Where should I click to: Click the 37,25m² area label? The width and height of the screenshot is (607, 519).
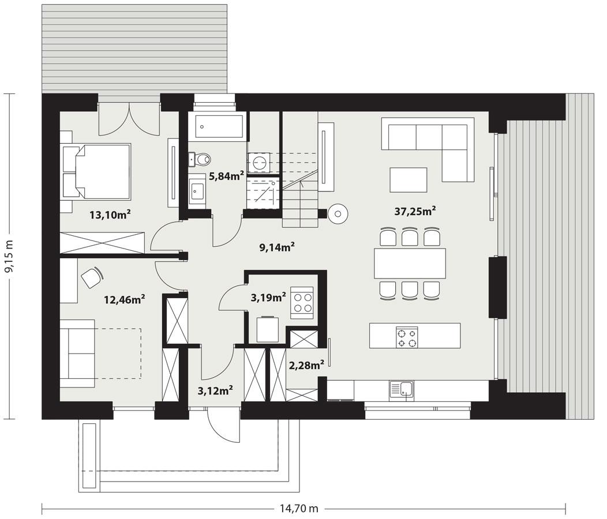pyautogui.click(x=414, y=212)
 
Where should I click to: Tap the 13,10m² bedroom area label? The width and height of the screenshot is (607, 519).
pyautogui.click(x=110, y=215)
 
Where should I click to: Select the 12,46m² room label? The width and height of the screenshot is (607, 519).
pyautogui.click(x=124, y=299)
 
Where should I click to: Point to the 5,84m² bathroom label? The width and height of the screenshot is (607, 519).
pyautogui.click(x=226, y=176)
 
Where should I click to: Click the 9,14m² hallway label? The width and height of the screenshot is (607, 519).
pyautogui.click(x=277, y=247)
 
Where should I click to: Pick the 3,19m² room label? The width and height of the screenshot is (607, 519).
pyautogui.click(x=268, y=298)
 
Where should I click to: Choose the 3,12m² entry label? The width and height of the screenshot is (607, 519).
pyautogui.click(x=215, y=390)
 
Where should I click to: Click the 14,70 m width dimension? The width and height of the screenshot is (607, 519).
pyautogui.click(x=299, y=509)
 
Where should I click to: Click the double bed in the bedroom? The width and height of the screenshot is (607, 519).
pyautogui.click(x=98, y=171)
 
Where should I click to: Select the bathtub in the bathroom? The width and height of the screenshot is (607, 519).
pyautogui.click(x=219, y=126)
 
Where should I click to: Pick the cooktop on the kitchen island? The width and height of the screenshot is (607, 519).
pyautogui.click(x=407, y=336)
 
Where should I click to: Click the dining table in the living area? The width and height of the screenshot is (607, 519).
pyautogui.click(x=410, y=264)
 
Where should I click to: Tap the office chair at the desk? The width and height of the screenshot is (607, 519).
pyautogui.click(x=91, y=278)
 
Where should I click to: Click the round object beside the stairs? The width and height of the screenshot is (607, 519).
pyautogui.click(x=337, y=215)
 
